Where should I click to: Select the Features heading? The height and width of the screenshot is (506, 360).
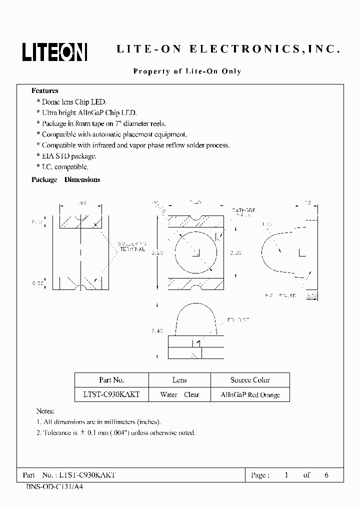[45, 91]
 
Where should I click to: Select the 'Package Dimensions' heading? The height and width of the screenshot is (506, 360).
[66, 179]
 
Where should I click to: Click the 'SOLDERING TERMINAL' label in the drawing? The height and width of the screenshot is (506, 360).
[131, 246]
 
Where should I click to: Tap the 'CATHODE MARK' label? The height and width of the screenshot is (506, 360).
[243, 212]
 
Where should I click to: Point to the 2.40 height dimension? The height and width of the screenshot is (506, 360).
[156, 330]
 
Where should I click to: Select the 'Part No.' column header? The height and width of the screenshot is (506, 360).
[111, 380]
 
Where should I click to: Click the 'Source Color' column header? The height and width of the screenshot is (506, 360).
[250, 380]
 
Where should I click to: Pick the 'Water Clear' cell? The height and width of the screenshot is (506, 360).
[179, 394]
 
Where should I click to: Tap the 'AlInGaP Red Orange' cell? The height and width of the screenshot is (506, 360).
[250, 394]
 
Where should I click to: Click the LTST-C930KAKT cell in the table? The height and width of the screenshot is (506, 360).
[111, 394]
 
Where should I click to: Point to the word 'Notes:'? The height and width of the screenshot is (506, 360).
[45, 411]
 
